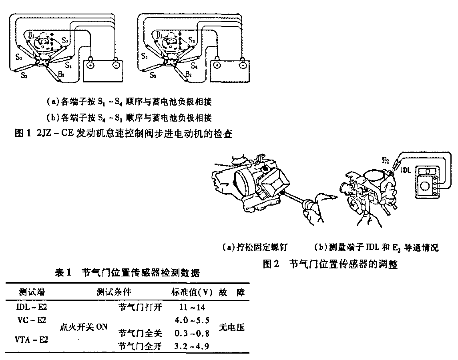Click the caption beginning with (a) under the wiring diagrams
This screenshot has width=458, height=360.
click(x=129, y=102)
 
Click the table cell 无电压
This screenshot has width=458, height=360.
click(x=232, y=327)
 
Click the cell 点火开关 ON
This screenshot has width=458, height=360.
click(x=83, y=327)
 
